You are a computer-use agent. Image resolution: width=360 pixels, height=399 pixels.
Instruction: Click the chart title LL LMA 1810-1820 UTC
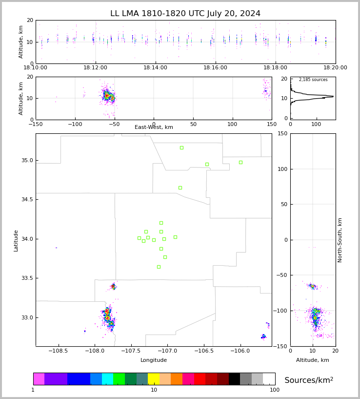click(185, 14)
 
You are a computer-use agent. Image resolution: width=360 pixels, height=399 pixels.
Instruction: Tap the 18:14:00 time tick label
click(155, 68)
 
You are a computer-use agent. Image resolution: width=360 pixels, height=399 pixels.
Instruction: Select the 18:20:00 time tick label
click(335, 68)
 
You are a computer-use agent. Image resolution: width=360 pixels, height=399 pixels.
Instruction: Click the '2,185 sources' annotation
click(313, 80)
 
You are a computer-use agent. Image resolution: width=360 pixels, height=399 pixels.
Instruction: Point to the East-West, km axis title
click(154, 127)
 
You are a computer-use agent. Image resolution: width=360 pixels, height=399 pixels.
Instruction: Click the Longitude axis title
click(154, 360)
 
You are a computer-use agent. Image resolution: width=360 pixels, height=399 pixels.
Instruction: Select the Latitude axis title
click(16, 240)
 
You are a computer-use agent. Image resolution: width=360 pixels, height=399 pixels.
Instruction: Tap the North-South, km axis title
click(340, 240)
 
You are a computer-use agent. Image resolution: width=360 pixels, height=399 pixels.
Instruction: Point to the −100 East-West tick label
click(75, 125)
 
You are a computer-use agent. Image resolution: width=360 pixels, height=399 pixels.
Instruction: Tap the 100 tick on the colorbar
click(275, 390)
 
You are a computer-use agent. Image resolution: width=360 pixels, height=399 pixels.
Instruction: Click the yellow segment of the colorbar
click(154, 379)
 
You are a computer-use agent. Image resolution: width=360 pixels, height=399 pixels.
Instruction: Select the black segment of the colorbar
click(234, 379)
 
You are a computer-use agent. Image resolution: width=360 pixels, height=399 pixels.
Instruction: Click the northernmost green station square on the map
click(181, 147)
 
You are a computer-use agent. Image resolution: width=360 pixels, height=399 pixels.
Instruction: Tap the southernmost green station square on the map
click(159, 267)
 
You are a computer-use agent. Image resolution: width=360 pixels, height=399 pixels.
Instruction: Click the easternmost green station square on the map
click(240, 162)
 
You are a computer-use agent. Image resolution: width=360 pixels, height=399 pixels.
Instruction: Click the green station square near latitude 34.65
click(180, 188)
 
